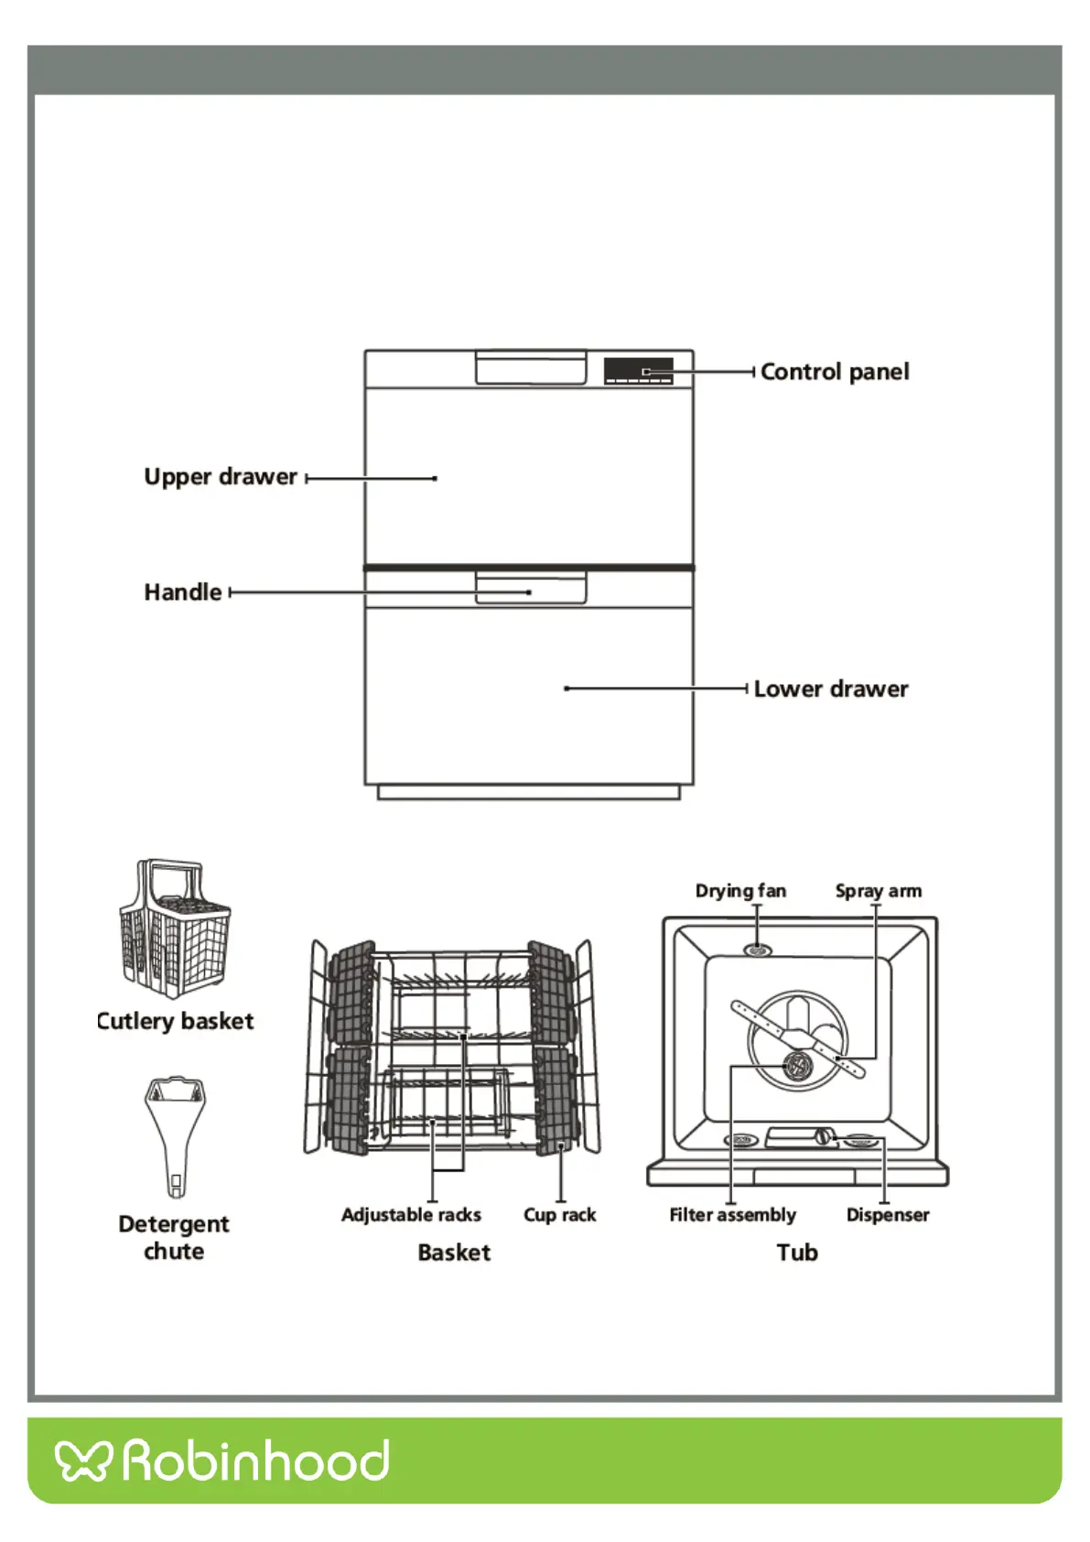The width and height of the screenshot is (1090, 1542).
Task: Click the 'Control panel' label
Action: click(x=834, y=372)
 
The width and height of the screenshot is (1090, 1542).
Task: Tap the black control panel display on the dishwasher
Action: click(x=638, y=371)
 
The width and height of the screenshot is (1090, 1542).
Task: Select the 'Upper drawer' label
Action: click(x=221, y=477)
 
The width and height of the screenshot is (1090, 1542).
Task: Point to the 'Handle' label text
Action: click(x=183, y=592)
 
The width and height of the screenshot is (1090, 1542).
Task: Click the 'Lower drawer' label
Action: click(x=830, y=689)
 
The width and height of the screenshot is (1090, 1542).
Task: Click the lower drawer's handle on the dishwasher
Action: click(x=530, y=588)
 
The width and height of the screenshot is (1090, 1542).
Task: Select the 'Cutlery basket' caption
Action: click(x=175, y=1021)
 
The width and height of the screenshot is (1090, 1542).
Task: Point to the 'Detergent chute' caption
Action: click(x=174, y=1237)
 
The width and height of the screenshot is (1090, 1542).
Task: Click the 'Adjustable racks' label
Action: click(x=411, y=1215)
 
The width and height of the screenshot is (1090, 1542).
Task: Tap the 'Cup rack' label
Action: click(x=559, y=1215)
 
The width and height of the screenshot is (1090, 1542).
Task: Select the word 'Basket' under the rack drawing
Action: click(x=454, y=1253)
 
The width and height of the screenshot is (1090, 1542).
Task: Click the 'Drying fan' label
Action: click(x=740, y=891)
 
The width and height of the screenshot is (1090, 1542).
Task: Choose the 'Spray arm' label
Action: click(x=878, y=891)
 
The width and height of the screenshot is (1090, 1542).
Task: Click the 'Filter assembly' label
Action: click(x=732, y=1215)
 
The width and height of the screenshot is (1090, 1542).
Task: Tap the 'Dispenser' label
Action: click(x=887, y=1215)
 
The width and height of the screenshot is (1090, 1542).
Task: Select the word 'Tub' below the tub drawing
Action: click(x=797, y=1253)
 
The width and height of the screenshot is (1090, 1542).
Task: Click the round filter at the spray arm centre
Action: click(x=798, y=1064)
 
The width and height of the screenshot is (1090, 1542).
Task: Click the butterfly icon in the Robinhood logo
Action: click(x=83, y=1460)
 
